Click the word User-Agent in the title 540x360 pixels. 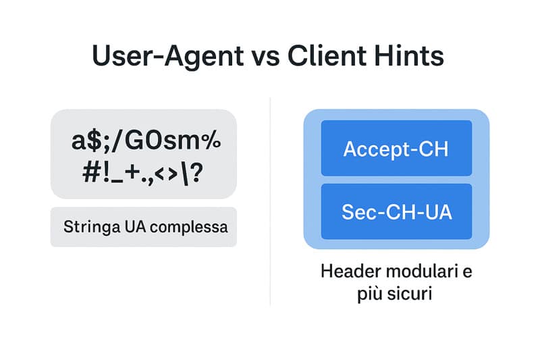(x=168, y=57)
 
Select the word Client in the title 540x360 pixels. (x=327, y=56)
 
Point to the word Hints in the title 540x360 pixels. (x=409, y=56)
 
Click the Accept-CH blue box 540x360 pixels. (x=396, y=148)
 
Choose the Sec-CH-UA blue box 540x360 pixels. (x=396, y=211)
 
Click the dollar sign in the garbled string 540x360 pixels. (x=93, y=140)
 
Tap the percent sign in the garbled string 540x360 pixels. (x=211, y=140)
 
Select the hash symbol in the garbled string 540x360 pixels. (x=90, y=172)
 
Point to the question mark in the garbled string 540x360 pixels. (x=196, y=172)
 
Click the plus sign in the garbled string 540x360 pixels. (x=132, y=172)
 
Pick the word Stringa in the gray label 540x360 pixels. (x=92, y=228)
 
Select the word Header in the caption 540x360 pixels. (x=350, y=271)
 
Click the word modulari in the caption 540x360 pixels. (x=423, y=271)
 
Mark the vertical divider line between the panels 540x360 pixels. (x=271, y=201)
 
